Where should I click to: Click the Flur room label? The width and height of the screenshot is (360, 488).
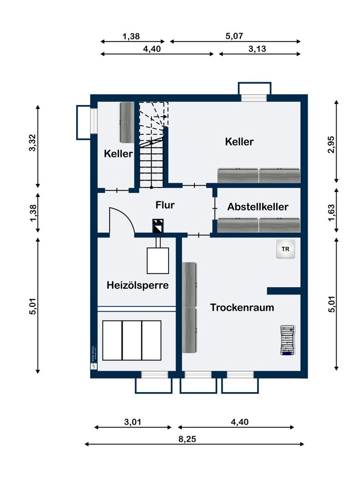click(166, 204)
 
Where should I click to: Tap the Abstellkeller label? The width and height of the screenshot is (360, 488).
click(258, 207)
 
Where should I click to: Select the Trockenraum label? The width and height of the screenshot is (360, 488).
click(242, 307)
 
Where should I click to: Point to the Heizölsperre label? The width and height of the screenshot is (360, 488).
click(137, 284)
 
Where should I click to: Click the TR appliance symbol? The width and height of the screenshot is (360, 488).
click(286, 250)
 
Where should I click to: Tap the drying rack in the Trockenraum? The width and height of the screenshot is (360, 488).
click(287, 340)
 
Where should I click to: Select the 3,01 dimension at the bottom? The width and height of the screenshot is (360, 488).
click(133, 422)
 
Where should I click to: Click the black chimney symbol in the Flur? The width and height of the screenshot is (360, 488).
click(158, 226)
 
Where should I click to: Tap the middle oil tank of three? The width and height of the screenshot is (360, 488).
click(132, 340)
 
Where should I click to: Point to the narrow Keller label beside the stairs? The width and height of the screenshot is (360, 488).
click(118, 153)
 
